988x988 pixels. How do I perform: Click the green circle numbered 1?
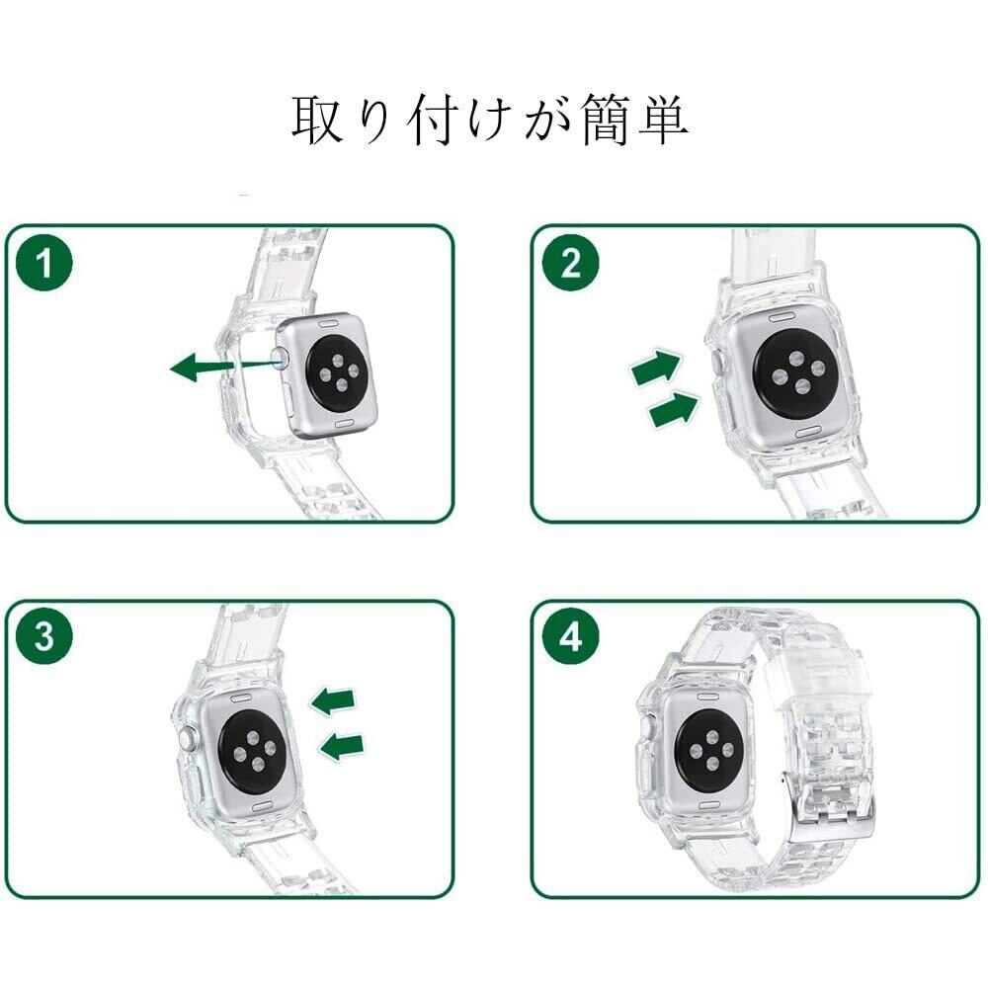[43, 264]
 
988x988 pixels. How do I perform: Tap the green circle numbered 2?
[570, 263]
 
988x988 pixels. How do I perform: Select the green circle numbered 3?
[44, 637]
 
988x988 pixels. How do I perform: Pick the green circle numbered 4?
[570, 638]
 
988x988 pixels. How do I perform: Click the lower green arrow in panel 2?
[674, 408]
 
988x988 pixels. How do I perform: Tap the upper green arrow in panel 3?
[333, 701]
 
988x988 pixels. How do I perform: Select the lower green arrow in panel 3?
[343, 745]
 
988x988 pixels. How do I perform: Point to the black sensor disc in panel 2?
[794, 372]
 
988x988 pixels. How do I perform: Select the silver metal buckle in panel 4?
[835, 799]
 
